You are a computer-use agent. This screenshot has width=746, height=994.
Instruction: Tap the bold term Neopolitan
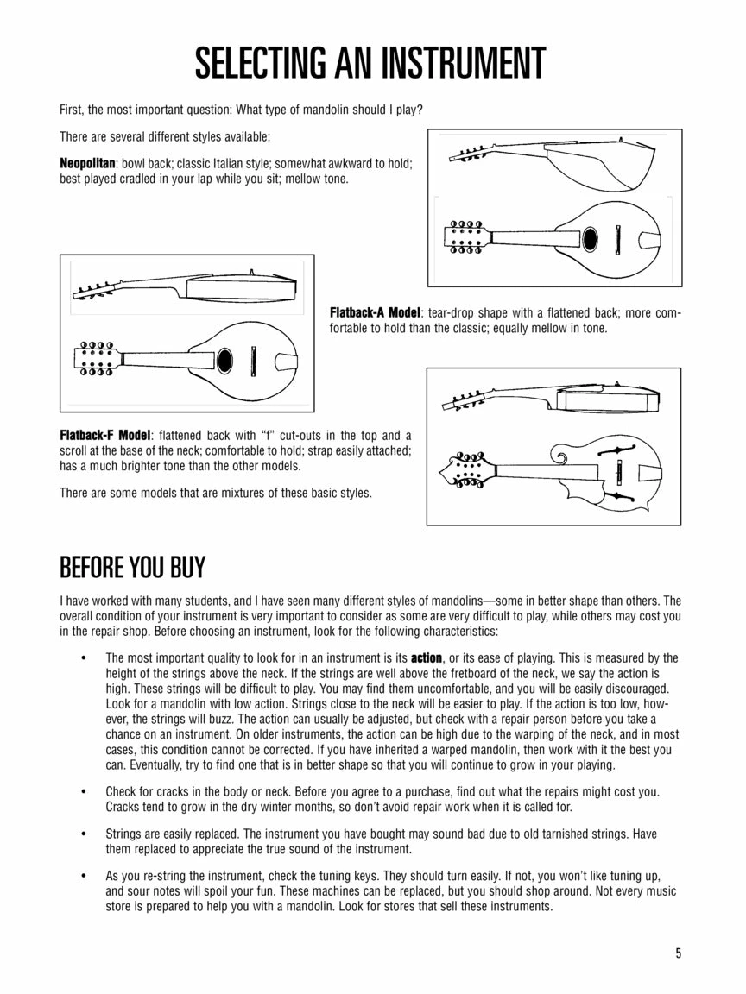click(x=87, y=163)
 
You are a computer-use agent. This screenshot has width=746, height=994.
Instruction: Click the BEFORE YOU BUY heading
click(x=132, y=568)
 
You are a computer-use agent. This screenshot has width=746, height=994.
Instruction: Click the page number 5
click(x=679, y=953)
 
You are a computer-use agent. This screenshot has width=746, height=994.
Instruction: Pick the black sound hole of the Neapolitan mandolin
click(x=591, y=239)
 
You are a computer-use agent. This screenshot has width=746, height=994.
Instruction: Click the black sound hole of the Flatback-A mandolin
click(x=224, y=359)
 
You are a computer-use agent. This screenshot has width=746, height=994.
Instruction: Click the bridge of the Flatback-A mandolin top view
click(x=254, y=359)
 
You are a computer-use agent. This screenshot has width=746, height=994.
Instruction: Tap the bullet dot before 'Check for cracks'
click(x=84, y=791)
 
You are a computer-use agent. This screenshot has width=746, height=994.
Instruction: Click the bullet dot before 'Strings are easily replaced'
click(x=84, y=834)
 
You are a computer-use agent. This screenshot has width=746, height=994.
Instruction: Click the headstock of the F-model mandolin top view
click(x=465, y=469)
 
